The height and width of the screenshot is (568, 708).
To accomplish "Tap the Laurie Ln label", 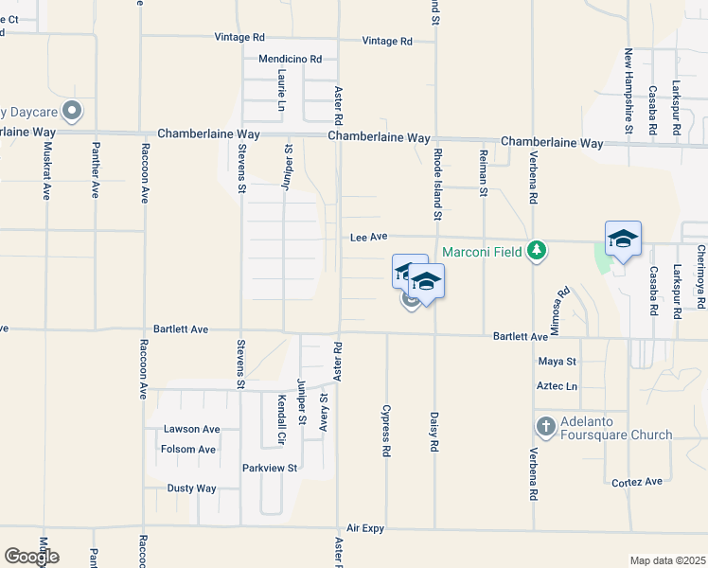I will (x=282, y=90).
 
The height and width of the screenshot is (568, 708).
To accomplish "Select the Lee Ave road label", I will (x=371, y=239).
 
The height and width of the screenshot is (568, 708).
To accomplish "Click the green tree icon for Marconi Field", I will (x=538, y=250).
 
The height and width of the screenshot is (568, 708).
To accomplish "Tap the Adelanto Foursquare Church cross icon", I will (x=545, y=426).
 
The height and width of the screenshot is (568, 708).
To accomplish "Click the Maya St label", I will (x=557, y=362).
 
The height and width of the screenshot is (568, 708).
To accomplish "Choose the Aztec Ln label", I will (x=557, y=386).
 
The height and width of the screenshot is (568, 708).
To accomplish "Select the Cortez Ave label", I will (x=637, y=482).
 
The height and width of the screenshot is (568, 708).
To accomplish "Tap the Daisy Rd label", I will (x=434, y=432).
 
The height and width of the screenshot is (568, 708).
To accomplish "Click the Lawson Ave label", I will (x=191, y=429).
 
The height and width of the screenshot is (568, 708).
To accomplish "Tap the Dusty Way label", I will (x=191, y=488).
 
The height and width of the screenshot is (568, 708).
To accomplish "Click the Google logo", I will (x=31, y=557).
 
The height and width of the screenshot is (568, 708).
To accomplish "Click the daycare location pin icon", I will (x=71, y=112).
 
